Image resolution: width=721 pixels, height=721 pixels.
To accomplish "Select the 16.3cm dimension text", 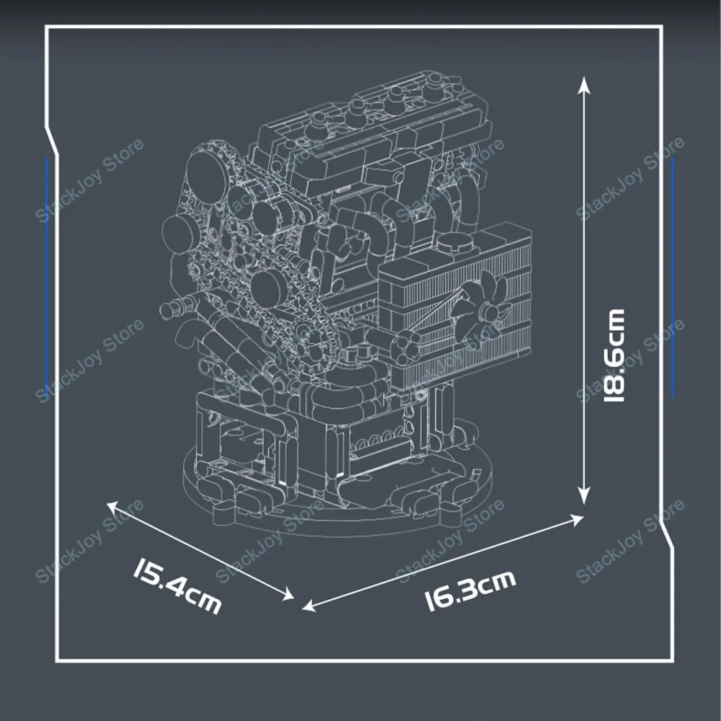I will coord(469,589).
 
